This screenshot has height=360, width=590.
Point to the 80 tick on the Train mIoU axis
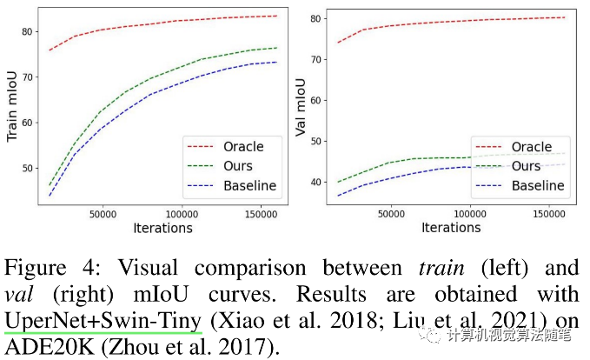[26, 32]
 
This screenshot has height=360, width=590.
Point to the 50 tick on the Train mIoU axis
[26, 168]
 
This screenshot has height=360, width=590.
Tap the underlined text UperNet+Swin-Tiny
[103, 320]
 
